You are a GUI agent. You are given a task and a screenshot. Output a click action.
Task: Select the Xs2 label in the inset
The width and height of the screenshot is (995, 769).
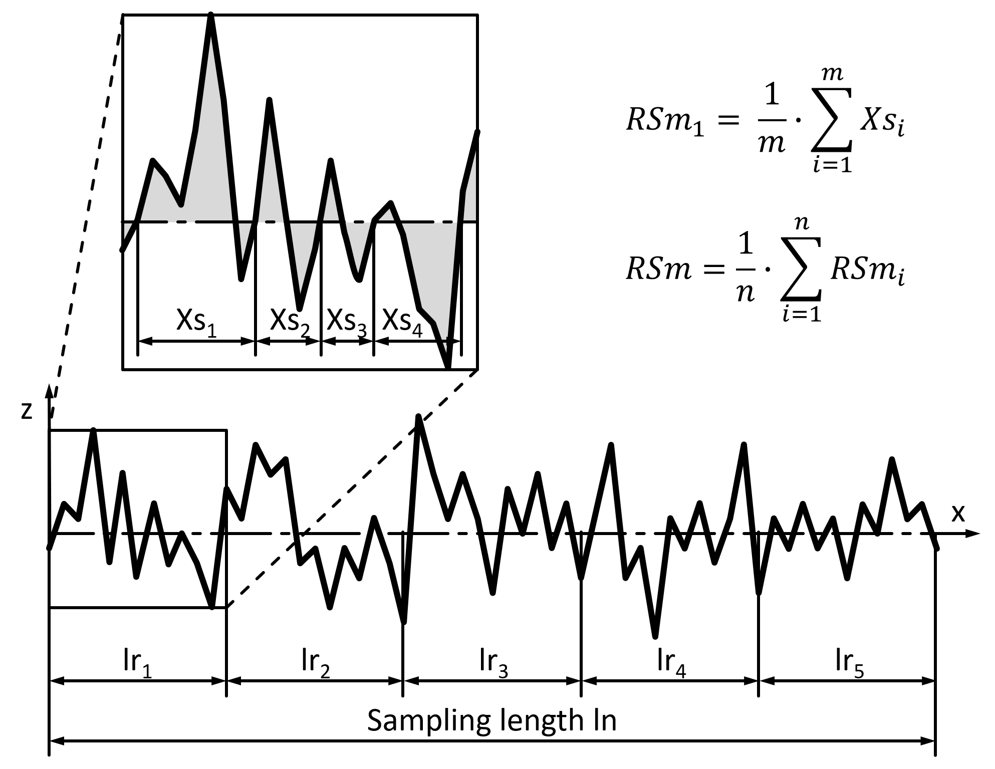[x=290, y=322]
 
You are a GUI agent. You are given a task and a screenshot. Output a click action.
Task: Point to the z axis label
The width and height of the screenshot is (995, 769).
[x=27, y=410]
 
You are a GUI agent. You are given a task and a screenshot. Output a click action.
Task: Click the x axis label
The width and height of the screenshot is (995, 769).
[x=957, y=514]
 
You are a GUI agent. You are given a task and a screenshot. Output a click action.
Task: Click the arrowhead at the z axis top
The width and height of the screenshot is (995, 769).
[x=49, y=391]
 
